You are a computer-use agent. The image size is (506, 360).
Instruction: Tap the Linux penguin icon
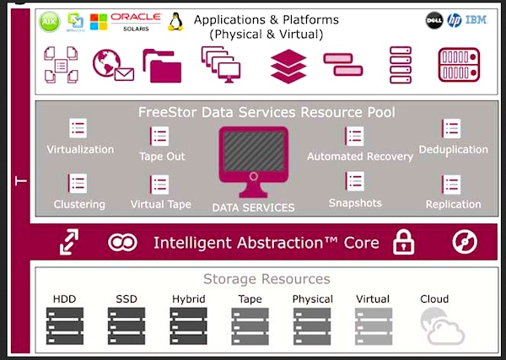(175, 21)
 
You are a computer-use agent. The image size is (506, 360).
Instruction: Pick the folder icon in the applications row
(162, 66)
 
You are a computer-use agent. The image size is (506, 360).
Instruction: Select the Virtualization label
(80, 149)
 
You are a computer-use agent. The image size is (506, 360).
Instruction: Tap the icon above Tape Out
(159, 137)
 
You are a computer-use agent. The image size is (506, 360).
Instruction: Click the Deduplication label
(453, 149)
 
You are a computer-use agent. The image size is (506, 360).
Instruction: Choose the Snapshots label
(355, 203)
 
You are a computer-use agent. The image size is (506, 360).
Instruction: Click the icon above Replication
(452, 184)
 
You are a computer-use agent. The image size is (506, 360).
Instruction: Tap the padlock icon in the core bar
(405, 243)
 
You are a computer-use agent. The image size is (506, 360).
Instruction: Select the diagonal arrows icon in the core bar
(68, 243)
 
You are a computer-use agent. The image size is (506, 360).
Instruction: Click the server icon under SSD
(126, 326)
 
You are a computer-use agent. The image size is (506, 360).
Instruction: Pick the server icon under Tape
(250, 326)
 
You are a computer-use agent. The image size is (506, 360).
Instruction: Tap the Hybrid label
(188, 299)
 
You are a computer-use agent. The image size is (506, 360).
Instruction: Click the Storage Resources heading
(266, 279)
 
